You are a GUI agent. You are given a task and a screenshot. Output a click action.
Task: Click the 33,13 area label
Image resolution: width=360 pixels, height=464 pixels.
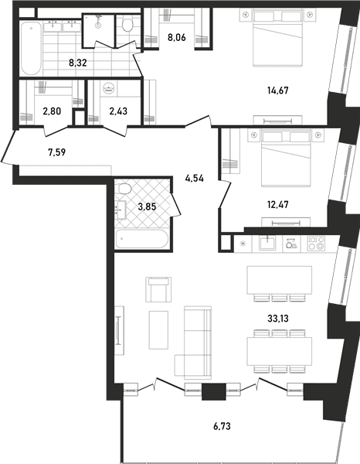click(278, 319)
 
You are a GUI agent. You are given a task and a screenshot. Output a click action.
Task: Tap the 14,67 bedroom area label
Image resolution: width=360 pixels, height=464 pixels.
click(278, 90)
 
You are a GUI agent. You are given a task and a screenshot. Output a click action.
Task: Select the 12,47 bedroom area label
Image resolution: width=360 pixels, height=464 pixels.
click(278, 204)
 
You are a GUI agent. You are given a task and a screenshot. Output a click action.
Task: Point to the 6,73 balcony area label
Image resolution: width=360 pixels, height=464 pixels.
click(222, 426)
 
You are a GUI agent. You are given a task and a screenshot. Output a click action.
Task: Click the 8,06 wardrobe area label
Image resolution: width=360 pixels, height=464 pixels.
click(176, 38)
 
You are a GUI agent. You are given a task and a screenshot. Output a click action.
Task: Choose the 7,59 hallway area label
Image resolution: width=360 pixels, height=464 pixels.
click(56, 152)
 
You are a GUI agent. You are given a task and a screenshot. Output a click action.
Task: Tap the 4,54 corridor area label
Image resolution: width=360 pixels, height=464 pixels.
click(195, 179)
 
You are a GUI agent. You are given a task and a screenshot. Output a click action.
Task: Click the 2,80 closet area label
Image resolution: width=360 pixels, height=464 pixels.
click(52, 111)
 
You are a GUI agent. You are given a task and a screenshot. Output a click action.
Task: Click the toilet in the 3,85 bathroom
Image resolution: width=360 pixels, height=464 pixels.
click(124, 188)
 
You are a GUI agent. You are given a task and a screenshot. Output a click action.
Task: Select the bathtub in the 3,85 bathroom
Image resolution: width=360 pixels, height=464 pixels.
click(142, 238)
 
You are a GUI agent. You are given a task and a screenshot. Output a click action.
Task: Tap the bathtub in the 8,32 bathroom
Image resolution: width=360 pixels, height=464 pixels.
click(31, 48)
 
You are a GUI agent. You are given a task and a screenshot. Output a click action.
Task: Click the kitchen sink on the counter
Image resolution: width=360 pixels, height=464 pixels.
click(267, 244)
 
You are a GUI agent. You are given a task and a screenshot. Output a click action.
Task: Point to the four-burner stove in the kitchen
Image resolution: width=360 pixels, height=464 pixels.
click(316, 244)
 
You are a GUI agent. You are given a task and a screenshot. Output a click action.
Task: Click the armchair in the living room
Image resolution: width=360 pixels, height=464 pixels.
click(158, 289)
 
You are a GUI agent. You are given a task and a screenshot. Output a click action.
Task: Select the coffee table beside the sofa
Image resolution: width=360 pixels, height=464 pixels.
click(158, 329)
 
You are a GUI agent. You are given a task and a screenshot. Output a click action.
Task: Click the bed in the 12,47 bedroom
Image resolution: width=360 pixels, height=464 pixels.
click(286, 159)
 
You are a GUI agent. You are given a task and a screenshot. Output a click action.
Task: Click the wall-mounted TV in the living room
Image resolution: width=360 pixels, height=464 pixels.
click(118, 330)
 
